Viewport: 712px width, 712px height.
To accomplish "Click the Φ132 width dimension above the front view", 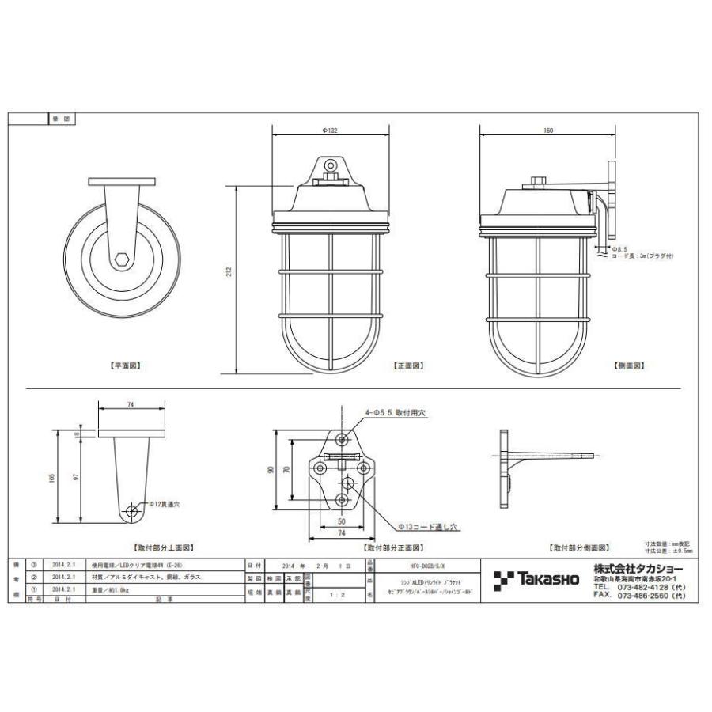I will [330, 131].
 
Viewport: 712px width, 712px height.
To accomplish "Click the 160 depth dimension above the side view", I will [548, 131].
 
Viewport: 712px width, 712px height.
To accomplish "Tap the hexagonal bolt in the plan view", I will [121, 259].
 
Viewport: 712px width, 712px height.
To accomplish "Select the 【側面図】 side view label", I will [628, 366].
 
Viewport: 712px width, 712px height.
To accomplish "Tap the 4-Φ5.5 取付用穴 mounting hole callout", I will [396, 411].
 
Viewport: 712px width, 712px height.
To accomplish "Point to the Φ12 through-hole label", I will [164, 504].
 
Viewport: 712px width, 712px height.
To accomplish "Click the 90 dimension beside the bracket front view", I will [271, 470].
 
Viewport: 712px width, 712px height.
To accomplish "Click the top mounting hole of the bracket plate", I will [341, 439].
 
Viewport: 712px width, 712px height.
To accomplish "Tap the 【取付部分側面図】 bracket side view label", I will [578, 547].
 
